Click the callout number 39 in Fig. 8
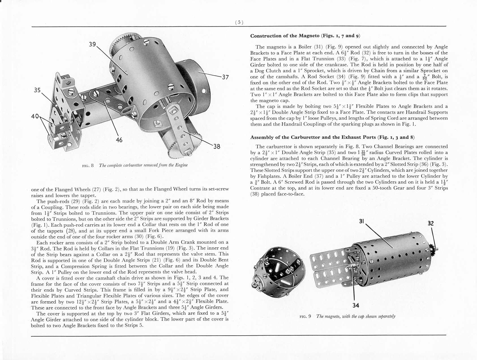pos(93,44)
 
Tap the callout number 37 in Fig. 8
pos(225,77)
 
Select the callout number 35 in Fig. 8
pos(37,90)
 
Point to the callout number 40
pos(35,116)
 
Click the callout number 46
pos(119,140)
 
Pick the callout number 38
pos(217,146)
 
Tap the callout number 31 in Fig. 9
pos(361,221)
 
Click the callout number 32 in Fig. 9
pos(431,223)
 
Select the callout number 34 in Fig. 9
pos(356,305)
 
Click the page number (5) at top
pos(239,22)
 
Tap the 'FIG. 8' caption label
pos(88,165)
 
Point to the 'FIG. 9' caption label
pos(305,316)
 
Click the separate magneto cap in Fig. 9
pos(279,272)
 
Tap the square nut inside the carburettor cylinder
pos(156,123)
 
